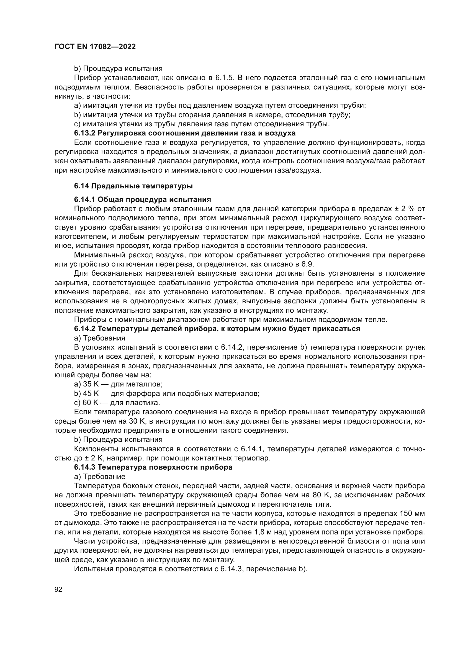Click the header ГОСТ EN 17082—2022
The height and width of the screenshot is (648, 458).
(95, 47)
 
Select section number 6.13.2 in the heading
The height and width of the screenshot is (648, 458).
(85, 133)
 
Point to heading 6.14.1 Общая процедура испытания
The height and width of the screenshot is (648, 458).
(142, 199)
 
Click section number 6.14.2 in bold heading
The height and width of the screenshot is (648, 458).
(85, 329)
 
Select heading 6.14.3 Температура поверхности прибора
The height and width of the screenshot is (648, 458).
(153, 467)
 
